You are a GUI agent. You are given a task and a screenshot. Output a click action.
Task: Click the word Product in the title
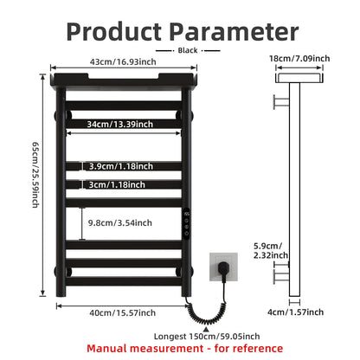pyautogui.click(x=114, y=31)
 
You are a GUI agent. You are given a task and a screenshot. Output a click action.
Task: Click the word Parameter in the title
pyautogui.click(x=234, y=31)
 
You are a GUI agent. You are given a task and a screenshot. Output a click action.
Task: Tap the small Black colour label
pyautogui.click(x=188, y=50)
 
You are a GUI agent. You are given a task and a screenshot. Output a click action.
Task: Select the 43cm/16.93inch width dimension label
pyautogui.click(x=123, y=61)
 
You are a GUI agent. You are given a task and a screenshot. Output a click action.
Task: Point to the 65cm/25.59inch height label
pyautogui.click(x=35, y=175)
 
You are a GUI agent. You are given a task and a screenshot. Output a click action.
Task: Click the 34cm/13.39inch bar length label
pyautogui.click(x=120, y=124)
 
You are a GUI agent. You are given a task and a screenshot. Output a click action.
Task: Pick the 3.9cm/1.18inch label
pyautogui.click(x=121, y=166)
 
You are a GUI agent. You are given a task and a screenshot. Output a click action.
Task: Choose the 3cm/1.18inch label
pyautogui.click(x=117, y=184)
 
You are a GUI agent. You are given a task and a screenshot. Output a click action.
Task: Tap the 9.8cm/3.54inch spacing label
pyautogui.click(x=120, y=222)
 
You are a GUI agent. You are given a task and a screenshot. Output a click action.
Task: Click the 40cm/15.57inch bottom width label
pyautogui.click(x=123, y=312)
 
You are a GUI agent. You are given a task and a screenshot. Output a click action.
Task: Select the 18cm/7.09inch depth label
pyautogui.click(x=299, y=58)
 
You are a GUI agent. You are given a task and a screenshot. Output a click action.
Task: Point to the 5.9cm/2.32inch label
pyautogui.click(x=271, y=250)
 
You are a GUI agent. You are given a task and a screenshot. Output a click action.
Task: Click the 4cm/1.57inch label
pyautogui.click(x=295, y=312)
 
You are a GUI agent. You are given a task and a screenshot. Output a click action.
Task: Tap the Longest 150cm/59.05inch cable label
pyautogui.click(x=207, y=337)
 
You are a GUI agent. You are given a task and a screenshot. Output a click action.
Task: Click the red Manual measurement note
pyautogui.click(x=185, y=349)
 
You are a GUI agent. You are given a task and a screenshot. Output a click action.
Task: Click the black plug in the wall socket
pyautogui.click(x=222, y=267)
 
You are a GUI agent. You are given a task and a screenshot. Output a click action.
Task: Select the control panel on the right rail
pyautogui.click(x=187, y=223)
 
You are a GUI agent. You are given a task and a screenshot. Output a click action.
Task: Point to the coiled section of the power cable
pyautogui.click(x=207, y=314)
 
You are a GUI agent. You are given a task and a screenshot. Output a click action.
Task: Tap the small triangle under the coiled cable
pyautogui.click(x=206, y=329)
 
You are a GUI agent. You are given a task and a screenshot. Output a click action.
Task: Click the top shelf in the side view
pyautogui.click(x=299, y=78)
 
